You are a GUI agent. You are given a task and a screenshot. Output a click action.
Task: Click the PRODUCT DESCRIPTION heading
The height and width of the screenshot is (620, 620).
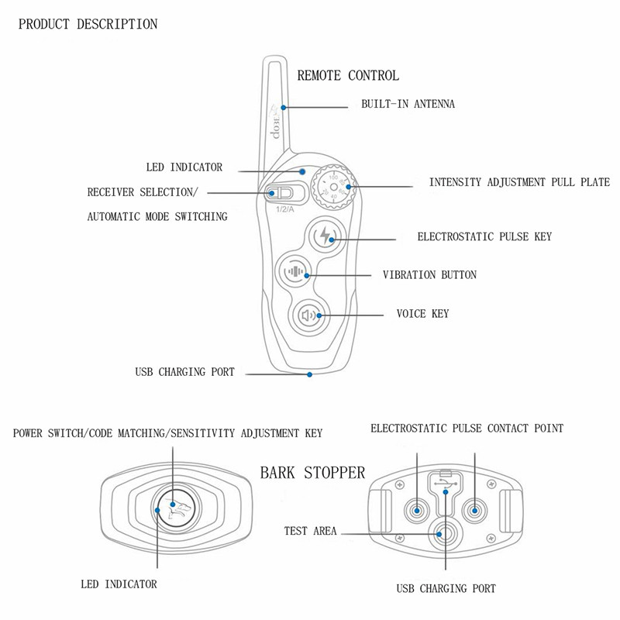tap(88, 25)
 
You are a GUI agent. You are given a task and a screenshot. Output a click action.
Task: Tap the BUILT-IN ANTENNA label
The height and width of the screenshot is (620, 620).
tap(408, 104)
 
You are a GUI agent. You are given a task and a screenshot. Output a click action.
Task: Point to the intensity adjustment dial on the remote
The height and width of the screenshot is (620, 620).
tap(333, 187)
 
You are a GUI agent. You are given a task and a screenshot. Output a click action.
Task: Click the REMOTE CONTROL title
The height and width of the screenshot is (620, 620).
tap(348, 76)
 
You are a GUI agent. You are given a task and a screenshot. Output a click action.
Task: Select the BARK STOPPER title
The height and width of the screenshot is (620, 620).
tap(312, 473)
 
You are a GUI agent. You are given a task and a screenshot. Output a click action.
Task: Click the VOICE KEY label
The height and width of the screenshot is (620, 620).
tap(422, 314)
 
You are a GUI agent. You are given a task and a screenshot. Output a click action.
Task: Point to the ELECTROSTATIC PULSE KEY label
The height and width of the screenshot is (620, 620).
tap(484, 236)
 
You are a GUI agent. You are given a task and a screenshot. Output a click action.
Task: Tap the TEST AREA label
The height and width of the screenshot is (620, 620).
tap(310, 532)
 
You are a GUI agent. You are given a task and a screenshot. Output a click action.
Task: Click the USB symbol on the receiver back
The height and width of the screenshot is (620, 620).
tap(446, 486)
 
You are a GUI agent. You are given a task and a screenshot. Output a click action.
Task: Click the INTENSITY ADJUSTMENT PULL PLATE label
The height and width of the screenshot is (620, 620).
tap(519, 183)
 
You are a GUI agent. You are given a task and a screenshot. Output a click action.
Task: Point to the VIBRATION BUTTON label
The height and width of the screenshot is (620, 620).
tap(429, 275)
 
